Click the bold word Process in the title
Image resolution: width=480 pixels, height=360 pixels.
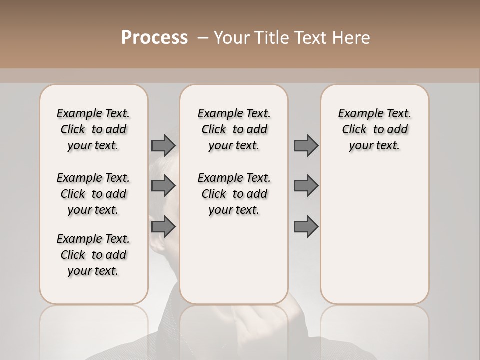[154, 38]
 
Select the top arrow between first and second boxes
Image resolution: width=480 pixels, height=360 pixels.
[163, 146]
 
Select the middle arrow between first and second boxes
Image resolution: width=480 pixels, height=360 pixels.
[163, 186]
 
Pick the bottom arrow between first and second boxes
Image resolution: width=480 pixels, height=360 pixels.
[163, 227]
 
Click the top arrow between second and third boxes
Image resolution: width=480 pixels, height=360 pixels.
[306, 146]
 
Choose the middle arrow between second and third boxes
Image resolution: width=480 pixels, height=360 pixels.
[306, 186]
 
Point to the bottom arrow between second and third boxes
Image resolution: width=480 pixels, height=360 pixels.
[306, 227]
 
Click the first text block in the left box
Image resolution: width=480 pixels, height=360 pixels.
[93, 129]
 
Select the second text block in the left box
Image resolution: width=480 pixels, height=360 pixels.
[93, 194]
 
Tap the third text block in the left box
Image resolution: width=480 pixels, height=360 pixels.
[93, 255]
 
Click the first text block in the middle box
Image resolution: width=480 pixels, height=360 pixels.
[234, 129]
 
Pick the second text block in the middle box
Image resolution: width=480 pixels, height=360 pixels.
[234, 194]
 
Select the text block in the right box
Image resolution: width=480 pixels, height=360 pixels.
[374, 129]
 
